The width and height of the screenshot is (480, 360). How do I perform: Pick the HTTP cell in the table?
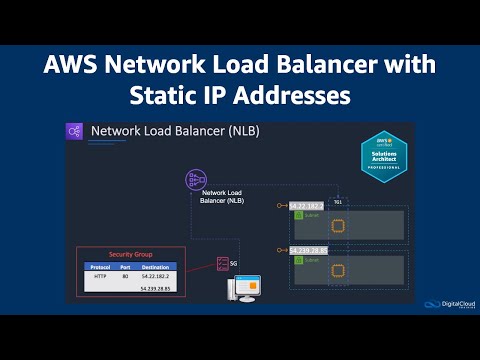point(100,277)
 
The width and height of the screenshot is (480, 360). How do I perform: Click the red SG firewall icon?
point(222,265)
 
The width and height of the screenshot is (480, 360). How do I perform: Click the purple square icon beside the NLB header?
point(75,131)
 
